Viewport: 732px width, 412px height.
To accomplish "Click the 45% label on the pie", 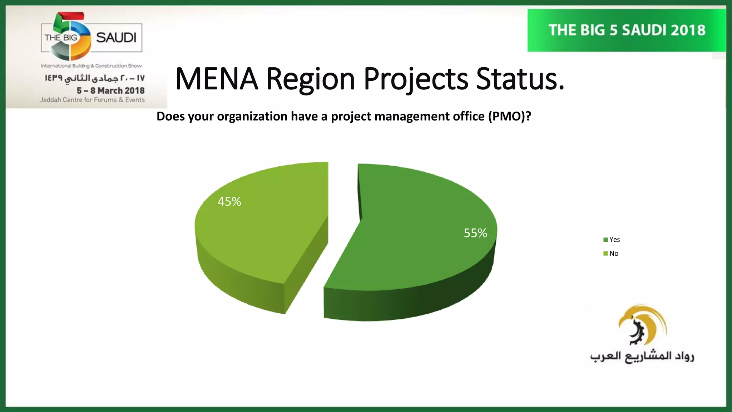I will [x=229, y=202].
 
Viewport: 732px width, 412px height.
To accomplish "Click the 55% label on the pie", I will [x=475, y=233].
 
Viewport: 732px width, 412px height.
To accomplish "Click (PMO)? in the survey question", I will [x=510, y=116].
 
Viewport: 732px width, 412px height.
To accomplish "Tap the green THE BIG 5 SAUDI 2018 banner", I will [x=627, y=30].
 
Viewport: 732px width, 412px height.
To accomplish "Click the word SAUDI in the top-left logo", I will [x=116, y=38].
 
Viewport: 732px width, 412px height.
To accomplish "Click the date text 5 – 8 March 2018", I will [x=110, y=90].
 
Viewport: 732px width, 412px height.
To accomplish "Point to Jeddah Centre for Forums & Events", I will [x=92, y=100].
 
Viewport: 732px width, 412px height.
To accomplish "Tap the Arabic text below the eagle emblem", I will [x=642, y=357].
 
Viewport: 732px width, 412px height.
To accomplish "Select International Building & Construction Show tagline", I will [x=91, y=66].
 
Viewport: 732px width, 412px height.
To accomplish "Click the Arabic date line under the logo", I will [x=94, y=78].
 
